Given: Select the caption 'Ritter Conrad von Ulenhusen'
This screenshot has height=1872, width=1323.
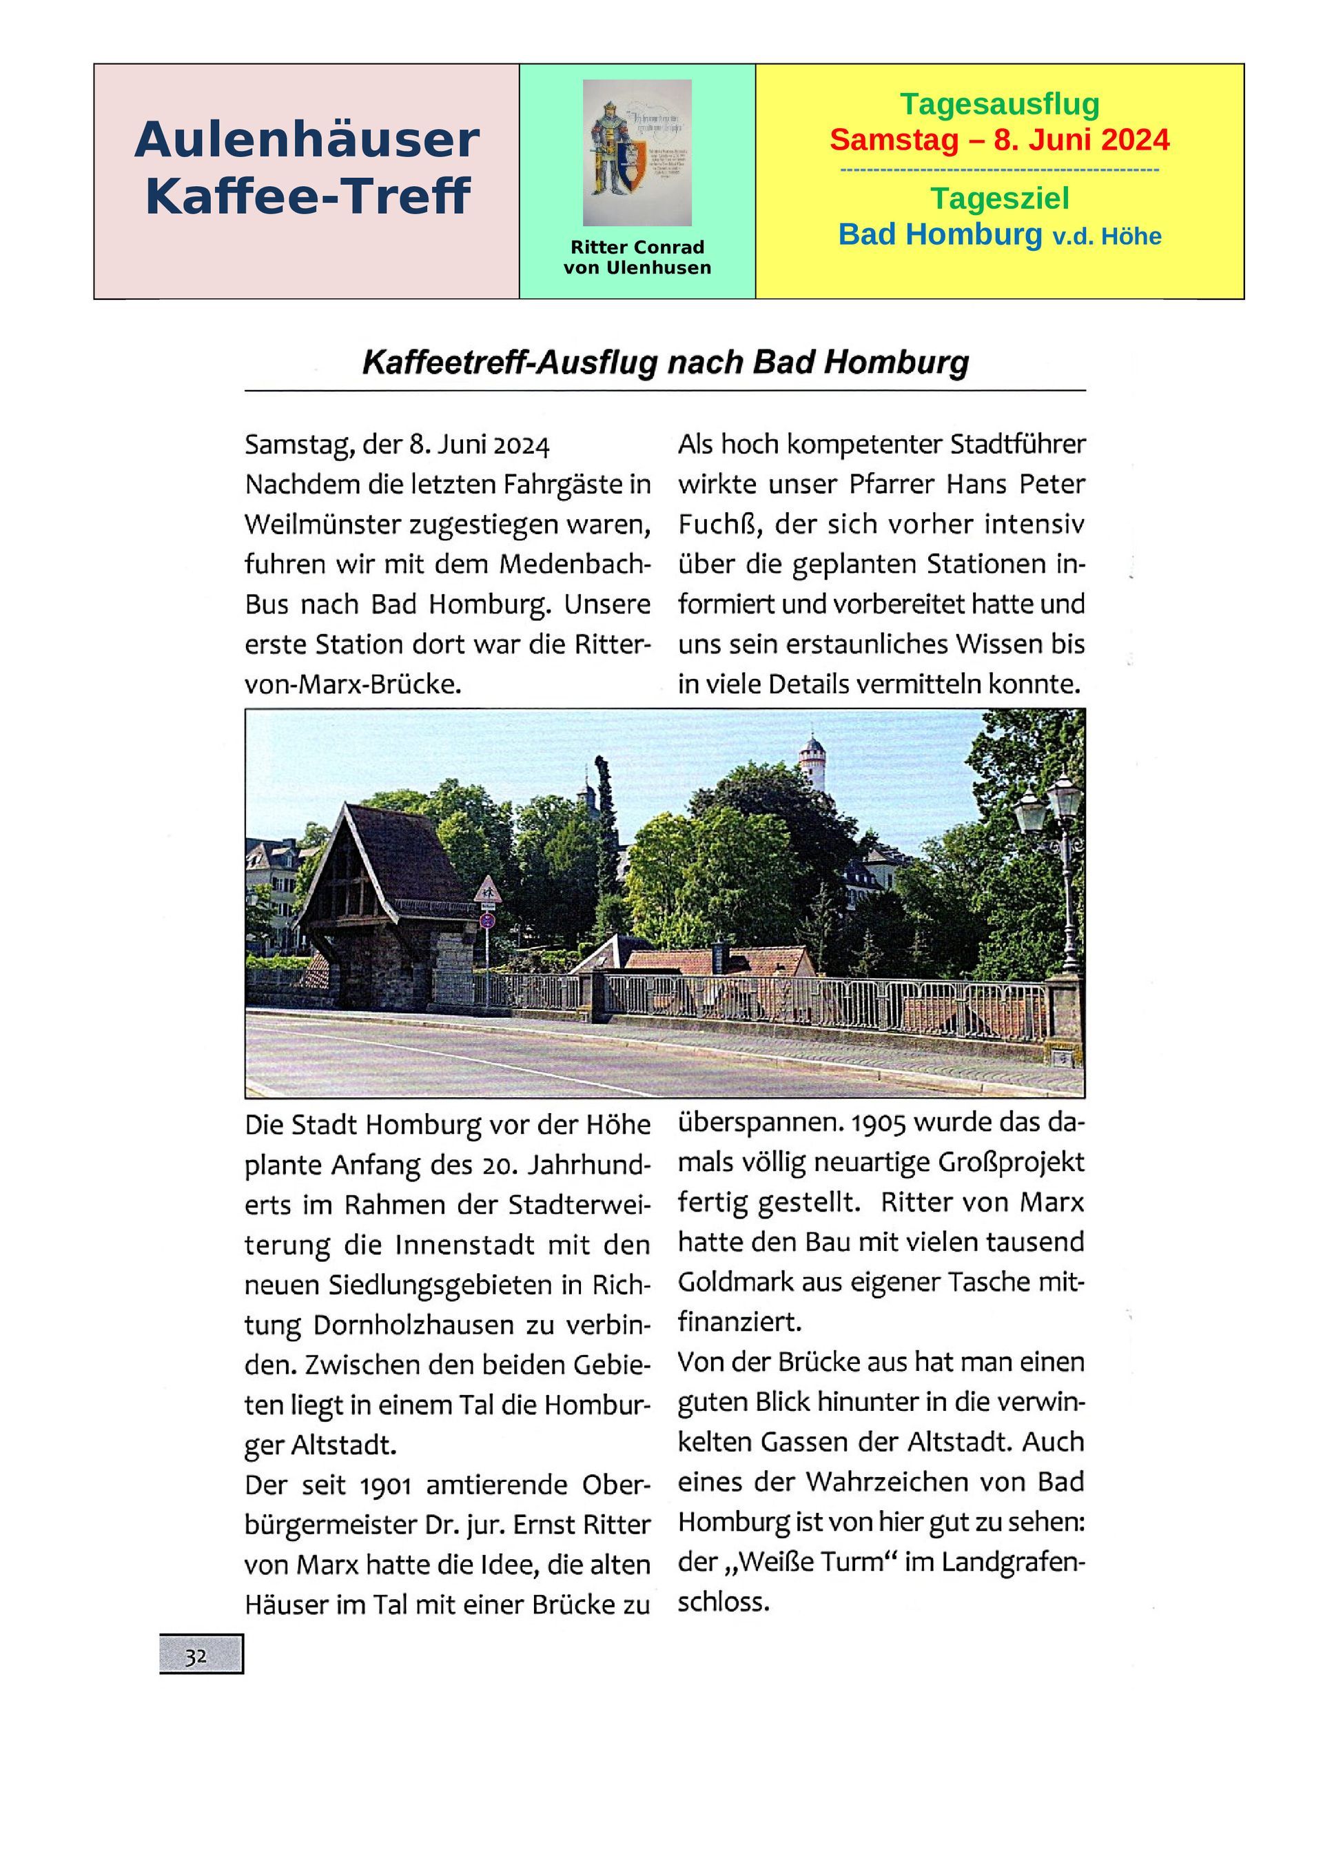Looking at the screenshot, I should (637, 258).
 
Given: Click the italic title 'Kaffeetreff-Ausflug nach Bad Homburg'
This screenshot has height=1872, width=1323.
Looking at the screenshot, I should (665, 362).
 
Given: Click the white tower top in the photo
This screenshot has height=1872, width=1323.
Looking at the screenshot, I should (812, 758).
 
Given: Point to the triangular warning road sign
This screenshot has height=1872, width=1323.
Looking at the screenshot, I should (487, 890).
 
